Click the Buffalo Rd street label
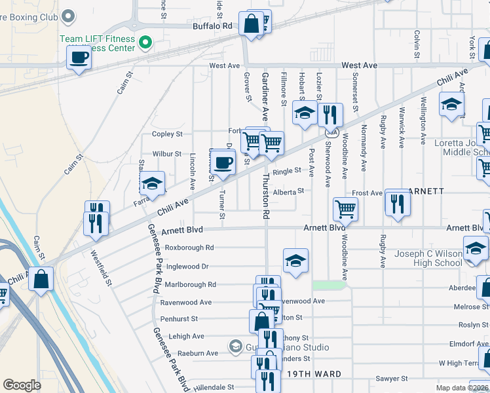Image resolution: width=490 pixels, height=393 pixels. point(213,26)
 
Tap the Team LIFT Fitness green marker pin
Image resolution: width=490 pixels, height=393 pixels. point(147,44)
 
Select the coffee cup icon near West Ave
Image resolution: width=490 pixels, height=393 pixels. point(79,58)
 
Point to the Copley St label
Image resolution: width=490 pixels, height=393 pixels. point(167,134)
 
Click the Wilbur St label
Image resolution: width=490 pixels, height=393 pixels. point(166,154)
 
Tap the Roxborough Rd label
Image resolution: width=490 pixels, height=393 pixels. point(189,248)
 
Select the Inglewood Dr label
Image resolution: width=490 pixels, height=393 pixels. point(187,267)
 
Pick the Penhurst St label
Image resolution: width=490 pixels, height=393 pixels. point(179,319)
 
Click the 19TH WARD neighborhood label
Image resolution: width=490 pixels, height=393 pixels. point(313,374)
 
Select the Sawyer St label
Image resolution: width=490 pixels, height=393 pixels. point(392,379)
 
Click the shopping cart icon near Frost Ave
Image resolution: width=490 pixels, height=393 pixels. point(345,210)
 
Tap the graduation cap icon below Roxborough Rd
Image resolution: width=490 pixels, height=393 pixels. point(295,261)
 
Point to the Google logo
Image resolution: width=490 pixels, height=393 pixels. point(22,385)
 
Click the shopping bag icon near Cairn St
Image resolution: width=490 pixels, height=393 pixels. point(41,279)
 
